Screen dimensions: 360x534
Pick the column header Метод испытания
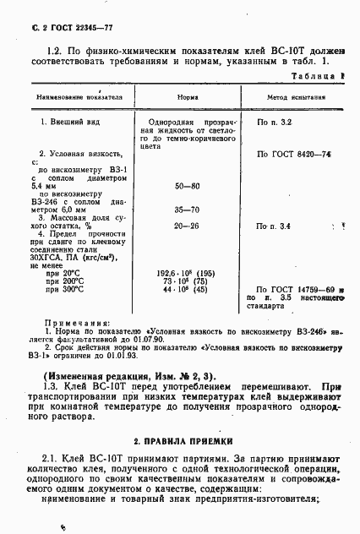tap(291, 97)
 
